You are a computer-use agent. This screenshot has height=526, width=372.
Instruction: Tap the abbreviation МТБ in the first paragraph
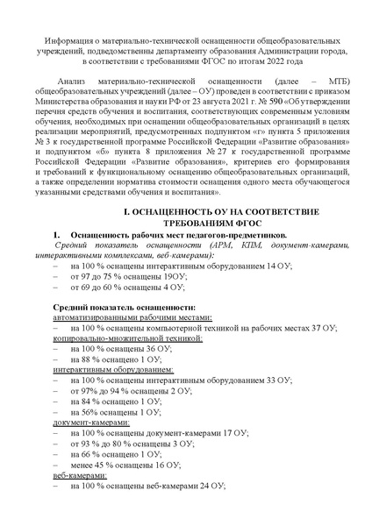[323, 104]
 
